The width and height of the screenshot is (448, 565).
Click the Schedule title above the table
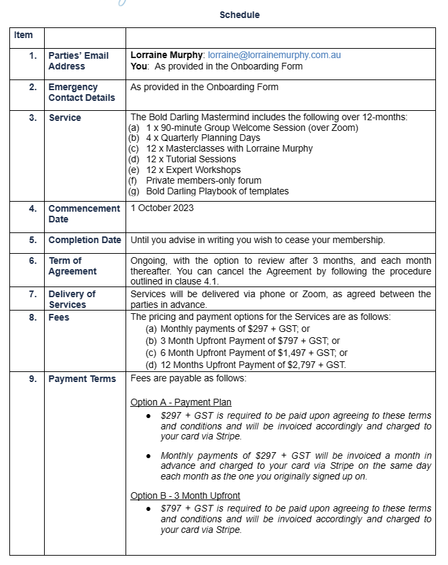point(240,15)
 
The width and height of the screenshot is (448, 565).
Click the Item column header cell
point(23,35)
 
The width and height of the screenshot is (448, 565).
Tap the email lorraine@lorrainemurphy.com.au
point(274,55)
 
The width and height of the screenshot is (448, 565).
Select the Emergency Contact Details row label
point(81,92)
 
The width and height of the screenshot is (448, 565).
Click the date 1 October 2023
point(162,208)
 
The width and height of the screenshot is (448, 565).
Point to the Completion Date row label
point(85,240)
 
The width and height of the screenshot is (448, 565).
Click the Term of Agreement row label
point(72,266)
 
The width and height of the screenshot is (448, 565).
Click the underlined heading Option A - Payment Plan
point(181,402)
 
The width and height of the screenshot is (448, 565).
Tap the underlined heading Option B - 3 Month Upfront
point(185,496)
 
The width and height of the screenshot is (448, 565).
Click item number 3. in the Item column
point(33,118)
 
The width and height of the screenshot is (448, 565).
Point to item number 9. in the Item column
point(33,379)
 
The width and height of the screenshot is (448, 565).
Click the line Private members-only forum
point(204,180)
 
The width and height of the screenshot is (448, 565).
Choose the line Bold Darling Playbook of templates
point(217,191)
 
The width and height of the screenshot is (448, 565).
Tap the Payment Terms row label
point(82,379)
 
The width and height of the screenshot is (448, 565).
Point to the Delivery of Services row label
point(71,299)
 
